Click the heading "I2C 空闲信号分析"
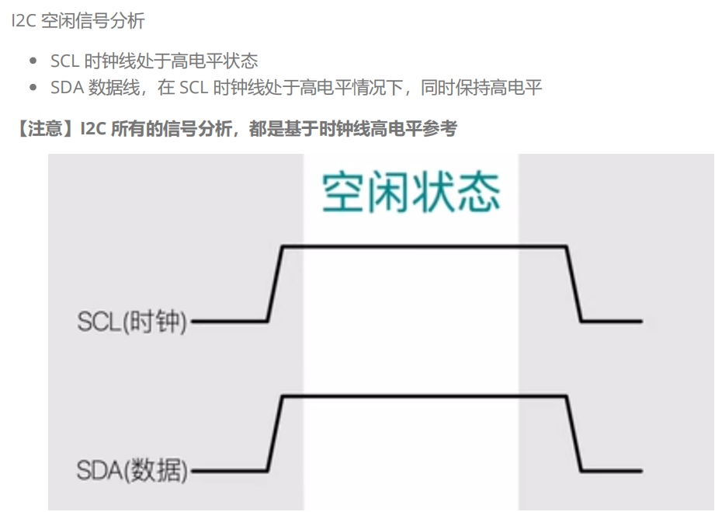pos(78,21)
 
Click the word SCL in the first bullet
pos(64,61)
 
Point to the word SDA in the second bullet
pos(66,87)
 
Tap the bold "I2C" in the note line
pos(94,128)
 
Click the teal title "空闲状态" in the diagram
pos(411,192)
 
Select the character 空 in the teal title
pos(344,192)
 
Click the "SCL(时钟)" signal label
pos(132,321)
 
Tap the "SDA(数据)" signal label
pos(132,470)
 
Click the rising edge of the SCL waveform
pos(275,283)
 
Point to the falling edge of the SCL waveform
pos(574,283)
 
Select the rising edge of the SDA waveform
pos(275,434)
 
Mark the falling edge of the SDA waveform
pos(574,434)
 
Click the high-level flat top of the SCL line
pos(424,246)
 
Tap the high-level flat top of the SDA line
pos(424,397)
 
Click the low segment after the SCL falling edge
pos(612,320)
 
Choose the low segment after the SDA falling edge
pos(612,470)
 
